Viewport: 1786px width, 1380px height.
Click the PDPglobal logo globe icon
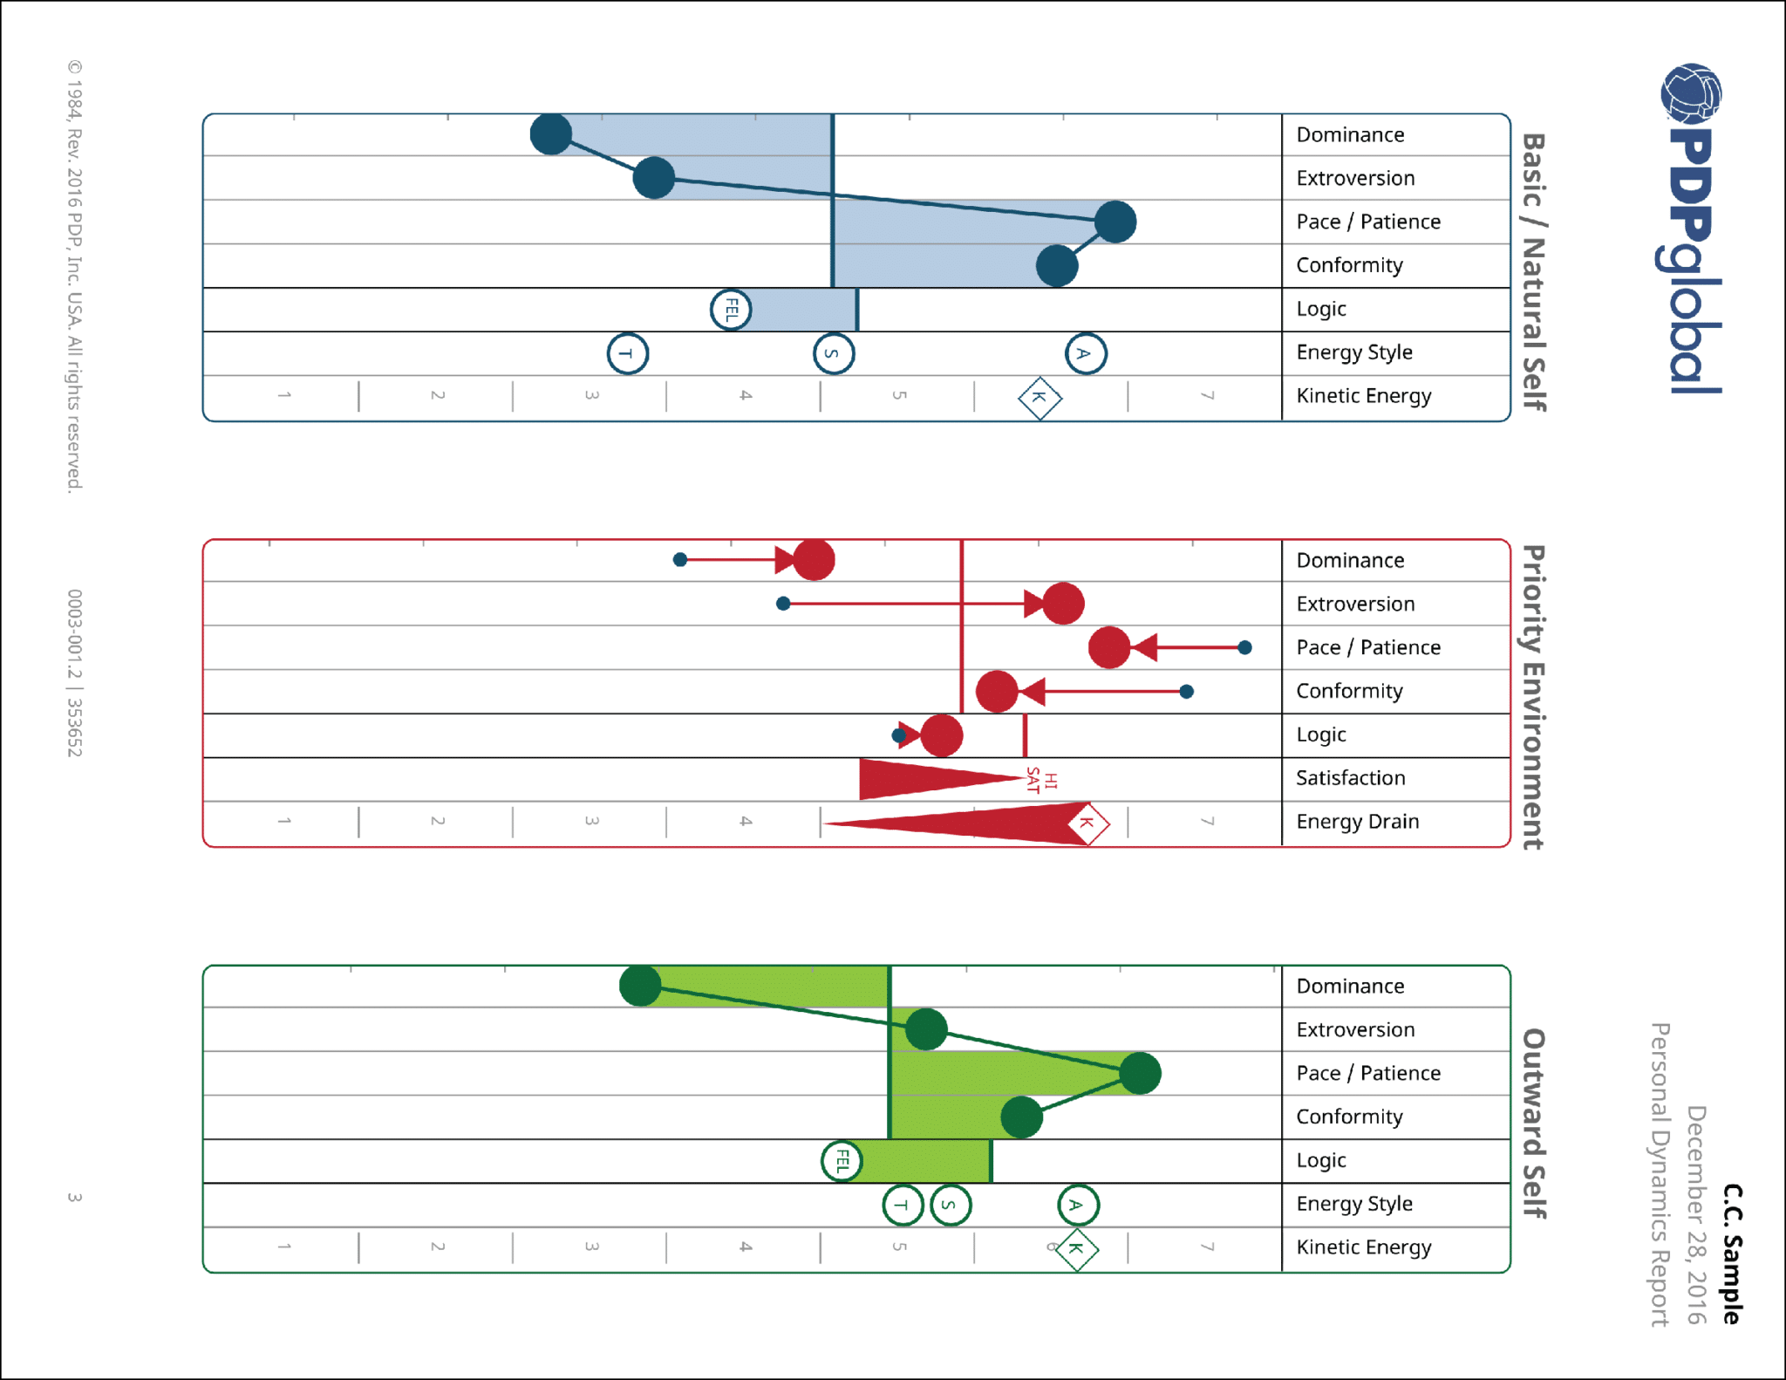coord(1691,92)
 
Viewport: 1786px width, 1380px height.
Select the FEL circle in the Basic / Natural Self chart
coord(731,310)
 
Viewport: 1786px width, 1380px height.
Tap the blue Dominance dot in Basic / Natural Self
coord(551,134)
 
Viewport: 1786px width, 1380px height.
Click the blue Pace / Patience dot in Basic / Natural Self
coord(1115,222)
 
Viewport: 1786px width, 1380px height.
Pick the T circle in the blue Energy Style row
coord(628,353)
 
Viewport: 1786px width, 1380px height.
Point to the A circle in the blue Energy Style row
coord(1086,353)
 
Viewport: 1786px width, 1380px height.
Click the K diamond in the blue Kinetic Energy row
coord(1040,398)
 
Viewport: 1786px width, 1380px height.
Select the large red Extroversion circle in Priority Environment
coord(1063,604)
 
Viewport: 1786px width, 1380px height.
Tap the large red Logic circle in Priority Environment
coord(942,735)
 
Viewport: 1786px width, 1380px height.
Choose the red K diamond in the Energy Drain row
coord(1087,823)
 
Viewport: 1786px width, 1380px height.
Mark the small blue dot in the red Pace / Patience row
coord(1244,647)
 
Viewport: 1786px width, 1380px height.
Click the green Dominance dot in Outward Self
coord(640,986)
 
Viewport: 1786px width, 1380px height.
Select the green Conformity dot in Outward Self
coord(1021,1117)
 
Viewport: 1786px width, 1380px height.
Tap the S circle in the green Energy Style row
coord(951,1206)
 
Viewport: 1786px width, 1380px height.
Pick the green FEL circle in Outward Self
coord(842,1161)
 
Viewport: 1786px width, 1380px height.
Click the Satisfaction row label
coord(1350,778)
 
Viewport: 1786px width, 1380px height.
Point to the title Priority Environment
coord(1533,697)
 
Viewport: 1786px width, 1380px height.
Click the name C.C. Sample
coord(1732,1254)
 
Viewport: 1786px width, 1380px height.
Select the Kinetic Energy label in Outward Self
coord(1363,1247)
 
